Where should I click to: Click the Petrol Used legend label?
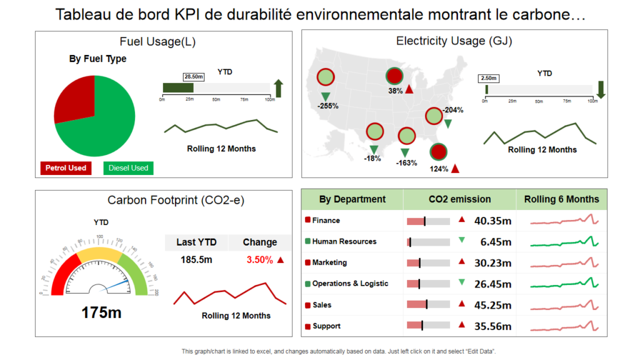point(65,168)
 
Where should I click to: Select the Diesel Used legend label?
point(128,168)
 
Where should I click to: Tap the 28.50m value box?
point(193,76)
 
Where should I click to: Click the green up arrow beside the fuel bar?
point(278,88)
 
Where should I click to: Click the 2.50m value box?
point(489,78)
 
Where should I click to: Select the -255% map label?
point(327,106)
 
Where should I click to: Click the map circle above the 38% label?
point(394,76)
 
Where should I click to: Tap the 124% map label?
point(439,168)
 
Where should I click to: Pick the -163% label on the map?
point(406,162)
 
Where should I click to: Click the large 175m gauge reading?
point(101,312)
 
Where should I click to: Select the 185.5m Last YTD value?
point(196,259)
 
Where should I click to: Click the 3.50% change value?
point(259,259)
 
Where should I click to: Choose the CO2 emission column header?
point(459,199)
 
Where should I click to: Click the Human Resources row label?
point(344,241)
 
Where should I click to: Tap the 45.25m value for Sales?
point(493,305)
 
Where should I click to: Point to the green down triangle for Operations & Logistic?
point(462,282)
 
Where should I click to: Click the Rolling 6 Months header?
point(561,199)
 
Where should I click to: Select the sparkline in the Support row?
point(564,326)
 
